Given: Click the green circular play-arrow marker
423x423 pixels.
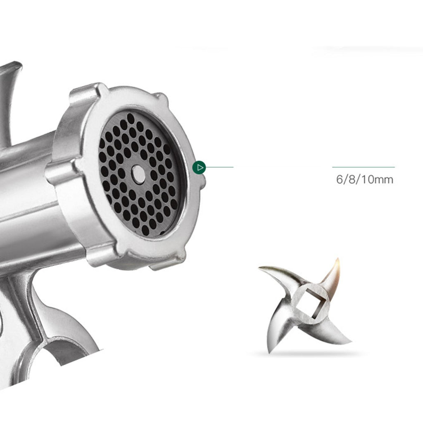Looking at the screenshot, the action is click(x=199, y=168).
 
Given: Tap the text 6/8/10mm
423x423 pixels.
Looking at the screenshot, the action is click(x=364, y=179).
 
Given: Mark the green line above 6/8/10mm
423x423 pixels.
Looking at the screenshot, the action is click(x=364, y=167).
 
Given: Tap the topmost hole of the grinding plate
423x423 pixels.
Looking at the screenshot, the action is click(x=131, y=118).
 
